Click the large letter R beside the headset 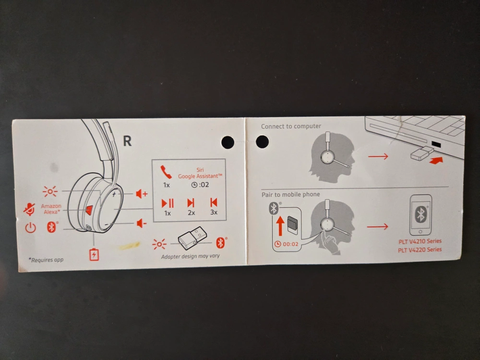tap(127, 141)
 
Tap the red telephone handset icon tap(166, 172)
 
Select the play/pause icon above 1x tap(168, 203)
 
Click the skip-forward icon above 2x tap(191, 203)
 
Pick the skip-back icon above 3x tap(214, 203)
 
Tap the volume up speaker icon tap(141, 194)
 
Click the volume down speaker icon tap(141, 223)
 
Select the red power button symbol tap(31, 228)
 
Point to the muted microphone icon tap(29, 209)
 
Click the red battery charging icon tap(94, 254)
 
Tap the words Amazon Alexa tap(51, 209)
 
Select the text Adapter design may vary tap(190, 256)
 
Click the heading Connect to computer tap(291, 126)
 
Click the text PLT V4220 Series tap(420, 250)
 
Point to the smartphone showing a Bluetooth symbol tap(420, 215)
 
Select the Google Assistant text tap(200, 176)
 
